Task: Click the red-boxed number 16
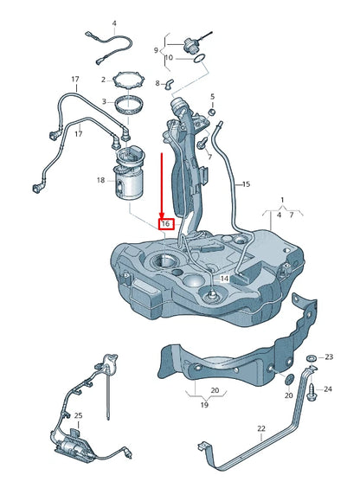[164, 223]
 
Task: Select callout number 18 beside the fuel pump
[100, 180]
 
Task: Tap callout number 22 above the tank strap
[261, 428]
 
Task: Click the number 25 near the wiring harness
[78, 416]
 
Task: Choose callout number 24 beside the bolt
[328, 388]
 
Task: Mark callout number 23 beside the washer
[328, 356]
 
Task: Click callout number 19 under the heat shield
[204, 404]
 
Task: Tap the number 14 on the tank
[223, 278]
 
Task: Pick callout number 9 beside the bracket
[157, 50]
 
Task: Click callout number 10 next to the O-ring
[170, 58]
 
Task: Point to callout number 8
[157, 83]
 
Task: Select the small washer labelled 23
[311, 357]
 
